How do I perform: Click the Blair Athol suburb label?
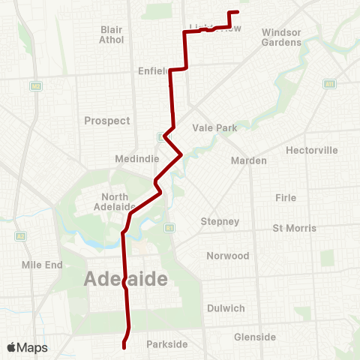pyautogui.click(x=111, y=34)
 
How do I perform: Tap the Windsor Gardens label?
pyautogui.click(x=281, y=37)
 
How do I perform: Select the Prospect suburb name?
pyautogui.click(x=107, y=121)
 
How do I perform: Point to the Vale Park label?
pyautogui.click(x=214, y=128)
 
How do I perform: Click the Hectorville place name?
pyautogui.click(x=312, y=150)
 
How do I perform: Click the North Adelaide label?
pyautogui.click(x=118, y=202)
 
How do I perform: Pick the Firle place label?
pyautogui.click(x=286, y=197)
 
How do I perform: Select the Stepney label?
pyautogui.click(x=220, y=221)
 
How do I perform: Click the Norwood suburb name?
pyautogui.click(x=227, y=256)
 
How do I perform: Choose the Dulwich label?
pyautogui.click(x=226, y=308)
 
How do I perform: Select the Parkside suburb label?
pyautogui.click(x=166, y=344)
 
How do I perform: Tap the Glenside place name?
pyautogui.click(x=255, y=337)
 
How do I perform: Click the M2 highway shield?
pyautogui.click(x=35, y=87)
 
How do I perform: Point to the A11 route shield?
pyautogui.click(x=328, y=84)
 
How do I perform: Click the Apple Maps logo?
pyautogui.click(x=27, y=347)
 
